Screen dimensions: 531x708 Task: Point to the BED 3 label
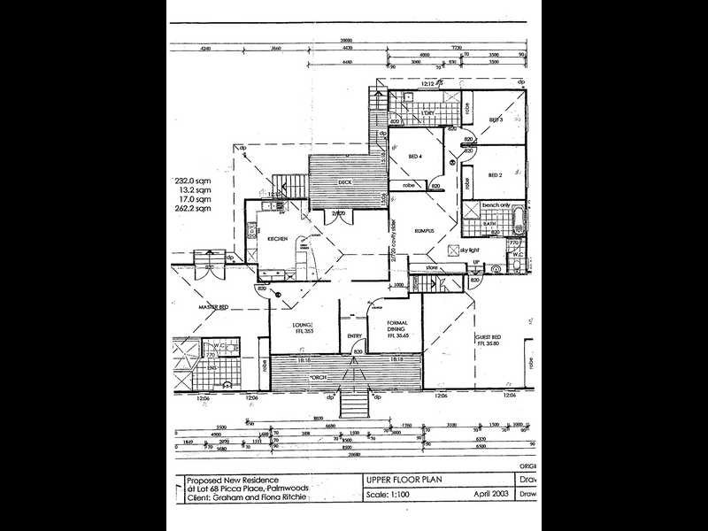coord(496,119)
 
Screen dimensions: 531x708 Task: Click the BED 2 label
coord(496,175)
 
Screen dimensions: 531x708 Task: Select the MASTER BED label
coord(213,307)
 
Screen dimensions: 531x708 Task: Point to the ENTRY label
coord(355,335)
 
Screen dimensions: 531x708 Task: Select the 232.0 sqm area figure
coord(194,180)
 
